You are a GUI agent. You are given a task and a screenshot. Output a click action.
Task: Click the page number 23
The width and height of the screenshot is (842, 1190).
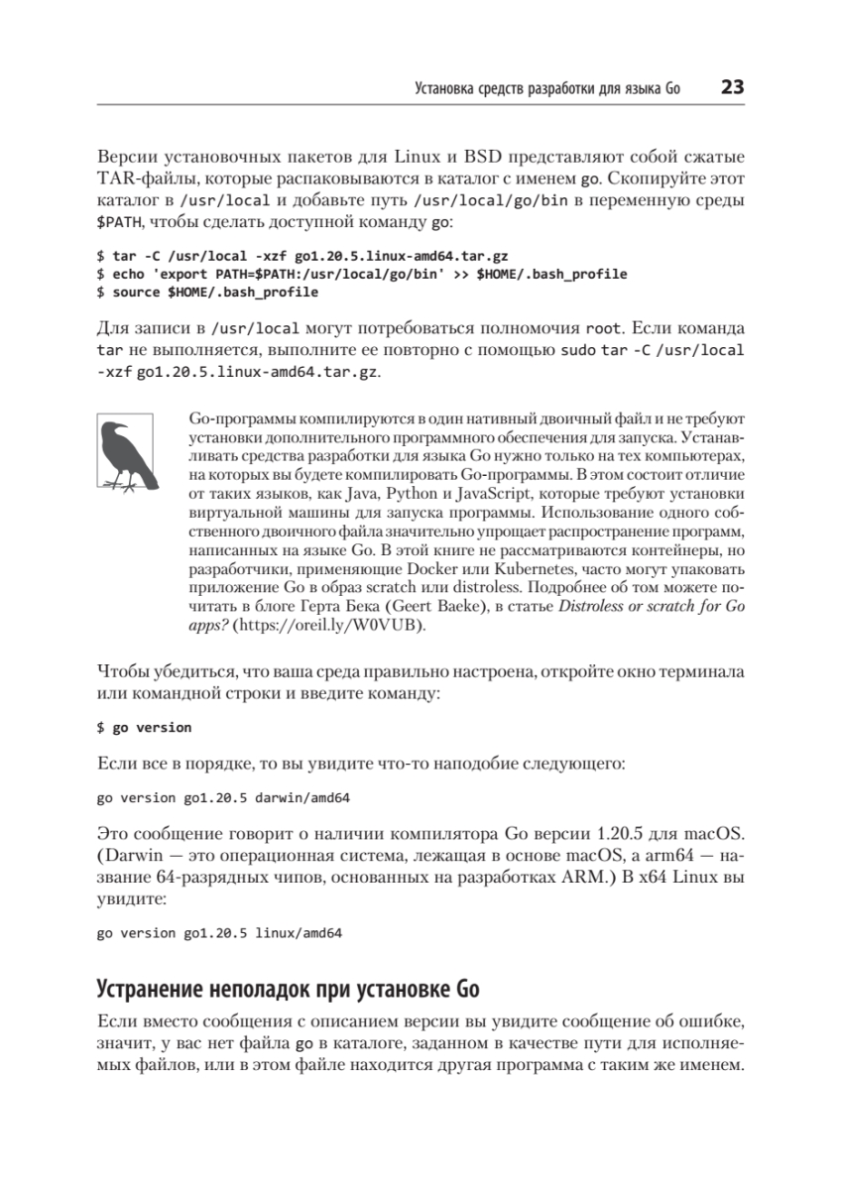pos(732,88)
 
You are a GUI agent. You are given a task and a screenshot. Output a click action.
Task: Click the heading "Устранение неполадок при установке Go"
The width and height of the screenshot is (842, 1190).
pos(288,989)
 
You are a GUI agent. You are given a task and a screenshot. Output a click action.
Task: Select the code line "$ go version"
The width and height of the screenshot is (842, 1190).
pos(144,727)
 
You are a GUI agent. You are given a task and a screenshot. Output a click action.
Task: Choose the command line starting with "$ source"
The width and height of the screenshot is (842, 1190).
pos(207,293)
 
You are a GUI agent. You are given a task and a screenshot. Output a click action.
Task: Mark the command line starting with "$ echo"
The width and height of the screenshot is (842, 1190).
pos(361,273)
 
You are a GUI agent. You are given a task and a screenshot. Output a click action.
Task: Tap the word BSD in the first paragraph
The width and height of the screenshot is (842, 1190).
pos(484,158)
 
